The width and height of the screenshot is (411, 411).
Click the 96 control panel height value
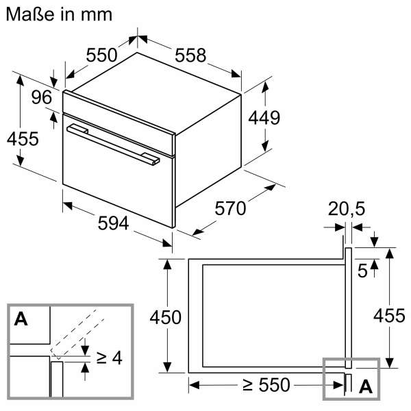(x=42, y=98)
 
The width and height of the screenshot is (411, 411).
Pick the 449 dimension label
(x=264, y=118)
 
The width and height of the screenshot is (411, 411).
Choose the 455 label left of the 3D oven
(x=22, y=138)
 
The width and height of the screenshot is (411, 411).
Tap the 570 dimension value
(x=229, y=208)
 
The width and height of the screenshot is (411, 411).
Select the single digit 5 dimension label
(x=363, y=269)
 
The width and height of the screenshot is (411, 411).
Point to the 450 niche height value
(x=165, y=317)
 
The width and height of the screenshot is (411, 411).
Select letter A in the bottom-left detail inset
(x=21, y=319)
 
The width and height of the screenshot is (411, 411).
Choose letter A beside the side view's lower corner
(x=366, y=386)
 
